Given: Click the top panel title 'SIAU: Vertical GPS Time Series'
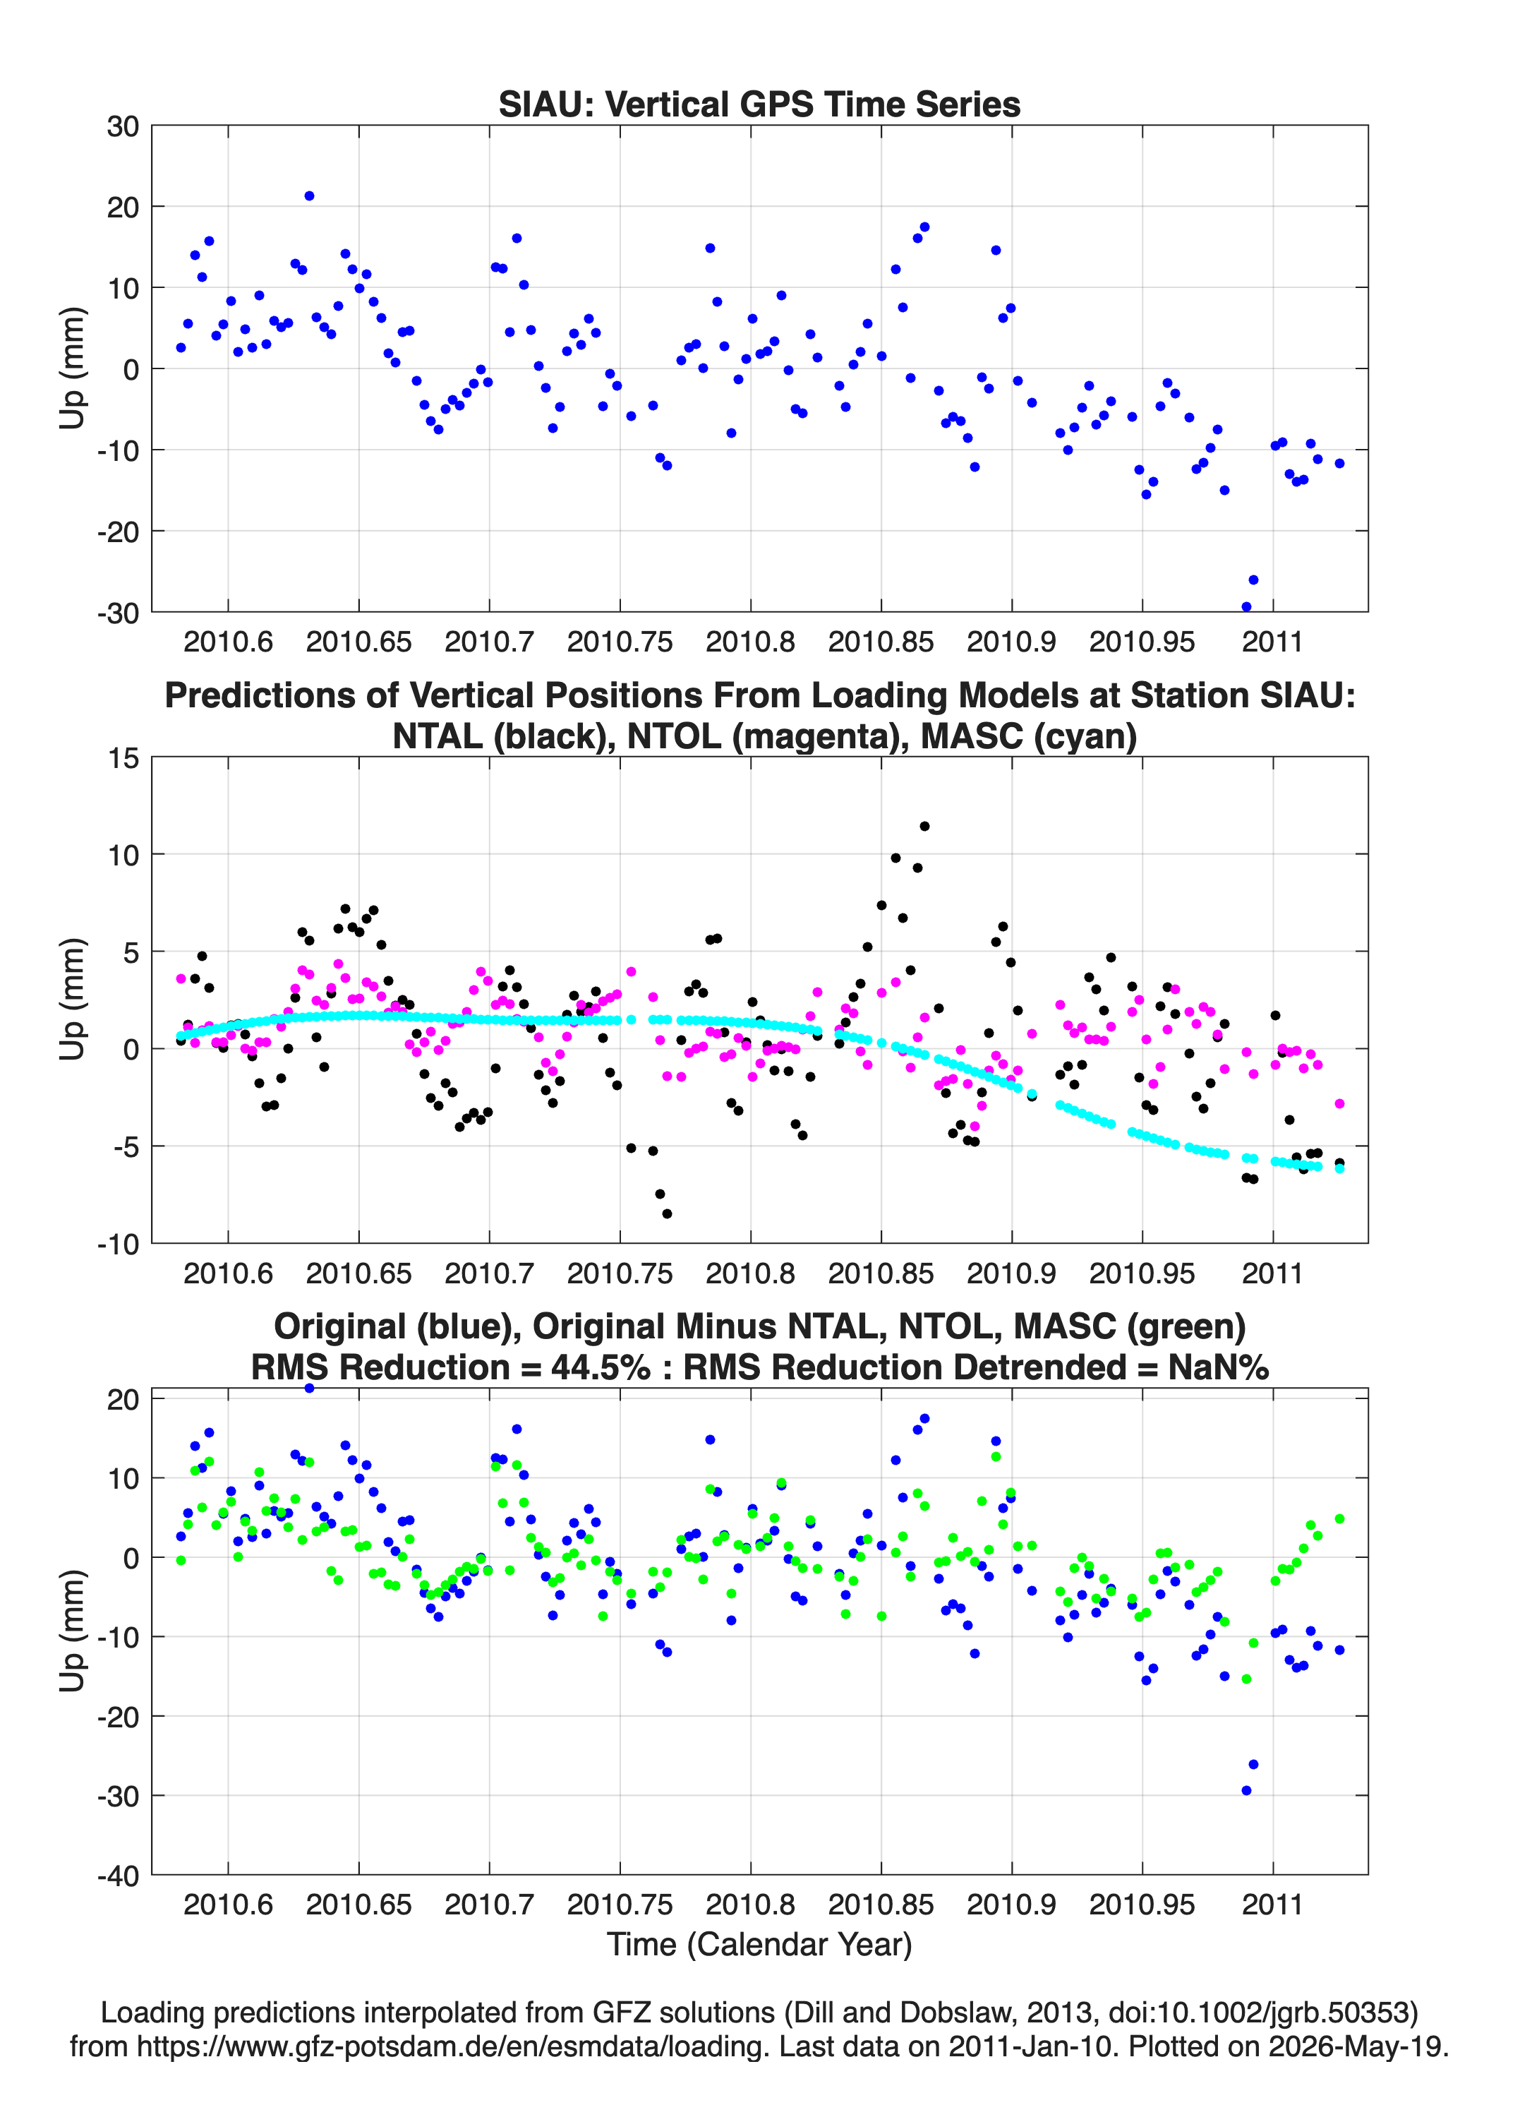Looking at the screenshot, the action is pyautogui.click(x=759, y=104).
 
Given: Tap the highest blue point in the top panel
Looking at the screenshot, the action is pyautogui.click(x=309, y=196).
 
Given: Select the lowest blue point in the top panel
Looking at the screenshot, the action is pyautogui.click(x=1246, y=607).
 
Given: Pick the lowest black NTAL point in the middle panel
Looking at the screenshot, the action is pyautogui.click(x=666, y=1213).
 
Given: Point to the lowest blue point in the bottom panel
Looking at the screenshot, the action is pyautogui.click(x=1246, y=1790).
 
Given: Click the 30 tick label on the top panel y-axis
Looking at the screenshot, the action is pyautogui.click(x=123, y=126).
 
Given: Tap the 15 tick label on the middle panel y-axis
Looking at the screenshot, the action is pyautogui.click(x=123, y=758).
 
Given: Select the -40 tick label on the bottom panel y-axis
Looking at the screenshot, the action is pyautogui.click(x=118, y=1876).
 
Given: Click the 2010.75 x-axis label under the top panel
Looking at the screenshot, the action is pyautogui.click(x=620, y=642).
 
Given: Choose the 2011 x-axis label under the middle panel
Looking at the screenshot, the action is pyautogui.click(x=1272, y=1273).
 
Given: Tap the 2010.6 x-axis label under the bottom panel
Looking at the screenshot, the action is pyautogui.click(x=228, y=1905).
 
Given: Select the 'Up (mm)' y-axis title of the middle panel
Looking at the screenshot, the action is pyautogui.click(x=73, y=1000).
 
